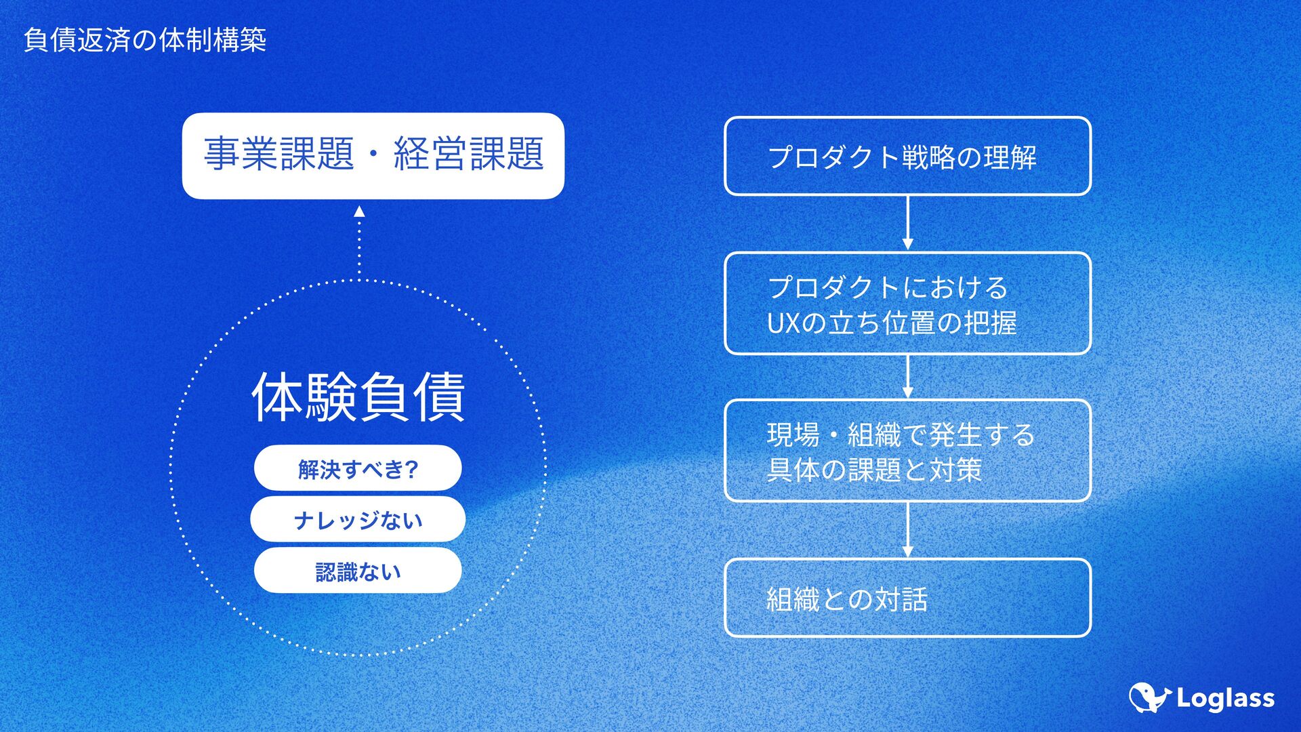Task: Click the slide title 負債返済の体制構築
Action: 144,40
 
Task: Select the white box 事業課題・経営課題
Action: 373,156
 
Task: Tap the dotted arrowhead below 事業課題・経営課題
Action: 359,212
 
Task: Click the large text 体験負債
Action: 358,397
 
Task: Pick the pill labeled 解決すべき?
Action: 358,468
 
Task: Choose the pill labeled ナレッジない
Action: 358,520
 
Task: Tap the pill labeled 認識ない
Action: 358,571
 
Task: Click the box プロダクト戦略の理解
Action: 907,157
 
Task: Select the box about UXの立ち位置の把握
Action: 907,304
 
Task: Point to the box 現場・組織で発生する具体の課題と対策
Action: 907,451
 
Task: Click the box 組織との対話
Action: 907,598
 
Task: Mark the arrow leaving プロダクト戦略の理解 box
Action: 907,224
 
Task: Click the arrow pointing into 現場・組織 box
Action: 907,377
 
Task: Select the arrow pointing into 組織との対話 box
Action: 907,530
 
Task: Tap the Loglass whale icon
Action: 1149,697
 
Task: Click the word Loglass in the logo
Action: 1225,699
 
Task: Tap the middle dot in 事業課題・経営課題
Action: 373,154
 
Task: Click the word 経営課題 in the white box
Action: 469,154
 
